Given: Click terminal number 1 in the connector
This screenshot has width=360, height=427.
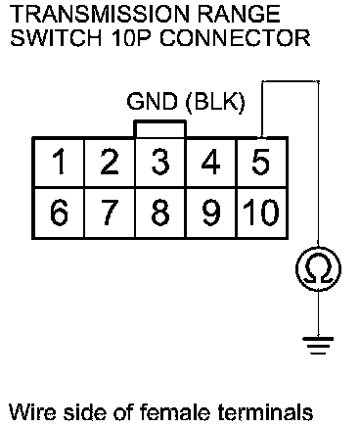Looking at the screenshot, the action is coord(59,162).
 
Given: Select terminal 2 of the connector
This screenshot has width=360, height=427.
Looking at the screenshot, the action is coord(110,162).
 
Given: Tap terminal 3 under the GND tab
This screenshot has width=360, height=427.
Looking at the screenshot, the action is coord(160,162).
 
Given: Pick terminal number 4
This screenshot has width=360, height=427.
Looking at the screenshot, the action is coord(210,162).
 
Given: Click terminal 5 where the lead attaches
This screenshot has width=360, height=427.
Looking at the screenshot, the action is coord(261,162).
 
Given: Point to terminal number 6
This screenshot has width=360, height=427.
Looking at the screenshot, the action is coord(59,213).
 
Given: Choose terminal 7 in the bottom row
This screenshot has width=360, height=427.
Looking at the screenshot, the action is coord(110,213).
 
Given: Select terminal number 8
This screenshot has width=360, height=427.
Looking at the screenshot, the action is coord(160,213).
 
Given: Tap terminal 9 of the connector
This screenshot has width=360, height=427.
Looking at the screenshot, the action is coord(210,213).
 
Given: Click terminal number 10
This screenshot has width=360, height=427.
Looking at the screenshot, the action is coord(261,213).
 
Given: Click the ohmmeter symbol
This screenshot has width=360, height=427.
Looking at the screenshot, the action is coord(318,269).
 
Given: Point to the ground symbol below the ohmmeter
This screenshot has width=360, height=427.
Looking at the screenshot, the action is coord(318,346).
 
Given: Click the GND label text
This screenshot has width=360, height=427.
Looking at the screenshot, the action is coord(153,102).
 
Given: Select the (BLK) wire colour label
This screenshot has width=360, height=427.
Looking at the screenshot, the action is coord(215,102).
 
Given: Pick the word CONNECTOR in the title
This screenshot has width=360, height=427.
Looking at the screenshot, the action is coord(235,38).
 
